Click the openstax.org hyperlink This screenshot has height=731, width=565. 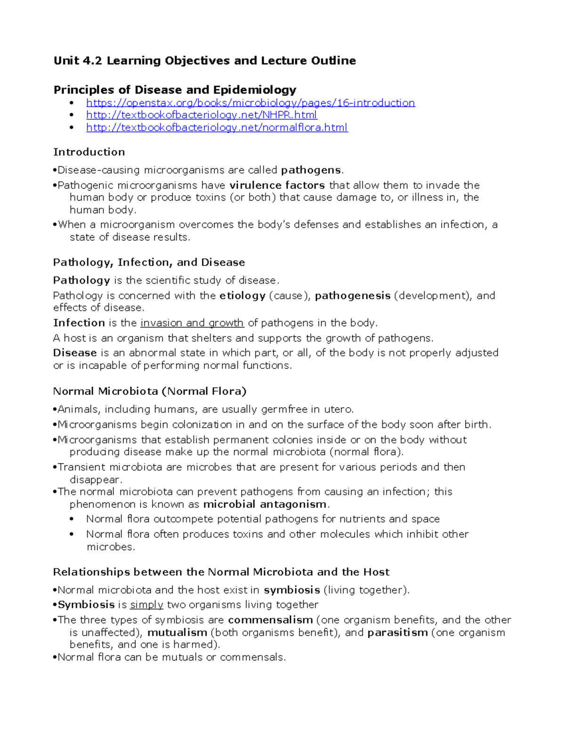tap(250, 103)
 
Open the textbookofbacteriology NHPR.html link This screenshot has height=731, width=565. tap(202, 115)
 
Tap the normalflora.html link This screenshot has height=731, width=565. tap(217, 128)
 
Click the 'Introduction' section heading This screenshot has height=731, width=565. tap(89, 152)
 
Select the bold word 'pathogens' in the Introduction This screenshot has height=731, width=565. tap(311, 170)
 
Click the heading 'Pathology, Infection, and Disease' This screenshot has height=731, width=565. tap(149, 262)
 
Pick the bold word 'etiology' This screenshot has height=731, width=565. tap(242, 296)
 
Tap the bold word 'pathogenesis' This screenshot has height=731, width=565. tap(352, 296)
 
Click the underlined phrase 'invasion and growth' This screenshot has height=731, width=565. tap(192, 323)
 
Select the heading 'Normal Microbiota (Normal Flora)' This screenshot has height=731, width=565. tap(150, 391)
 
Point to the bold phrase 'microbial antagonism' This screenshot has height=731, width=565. tap(265, 504)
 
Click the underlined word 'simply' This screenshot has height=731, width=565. tap(146, 604)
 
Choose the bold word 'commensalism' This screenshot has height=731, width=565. tap(270, 620)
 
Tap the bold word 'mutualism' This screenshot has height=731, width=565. tap(177, 633)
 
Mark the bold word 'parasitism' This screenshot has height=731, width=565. tap(397, 633)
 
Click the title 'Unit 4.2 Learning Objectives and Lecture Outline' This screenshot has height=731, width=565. tap(205, 61)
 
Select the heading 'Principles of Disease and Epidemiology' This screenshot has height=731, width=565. tap(175, 90)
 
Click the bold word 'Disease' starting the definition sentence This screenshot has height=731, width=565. tap(75, 353)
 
